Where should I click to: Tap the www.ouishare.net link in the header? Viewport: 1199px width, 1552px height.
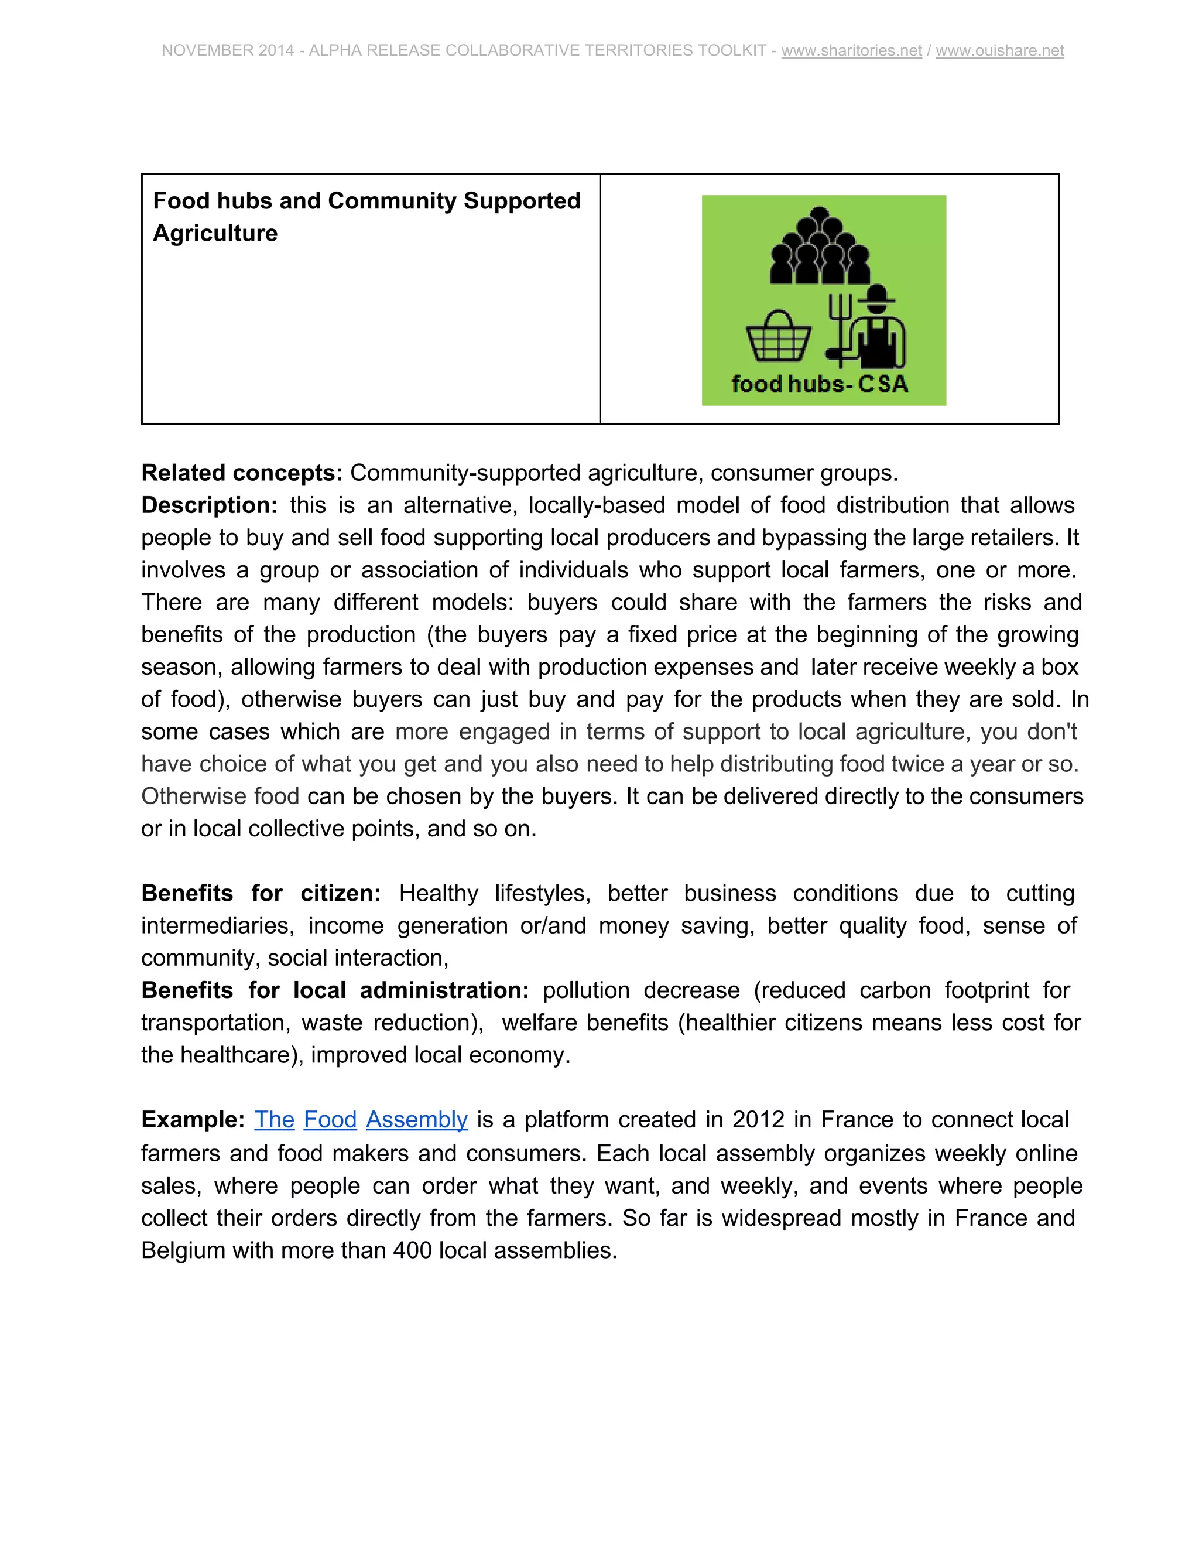pos(999,50)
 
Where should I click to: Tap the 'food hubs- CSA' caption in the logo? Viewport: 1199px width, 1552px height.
pos(820,384)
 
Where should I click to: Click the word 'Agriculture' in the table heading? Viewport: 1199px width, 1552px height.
pos(215,233)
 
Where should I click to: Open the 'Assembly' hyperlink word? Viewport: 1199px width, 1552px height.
pos(417,1119)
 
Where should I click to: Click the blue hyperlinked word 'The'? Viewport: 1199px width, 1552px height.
pos(274,1119)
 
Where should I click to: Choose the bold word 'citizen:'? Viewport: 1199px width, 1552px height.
pos(340,893)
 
